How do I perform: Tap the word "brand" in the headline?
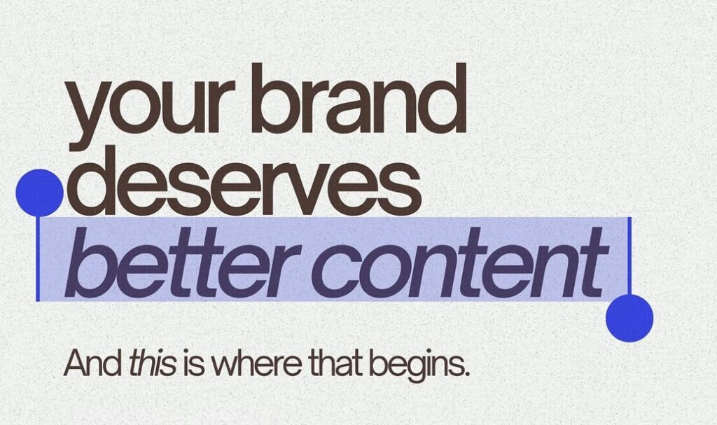coord(358,98)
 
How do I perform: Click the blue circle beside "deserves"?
coord(39,192)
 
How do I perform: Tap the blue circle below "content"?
coord(629,318)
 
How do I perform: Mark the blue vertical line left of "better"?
coord(38,258)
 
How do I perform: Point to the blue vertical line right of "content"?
coord(629,256)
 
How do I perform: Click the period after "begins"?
coord(467,373)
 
